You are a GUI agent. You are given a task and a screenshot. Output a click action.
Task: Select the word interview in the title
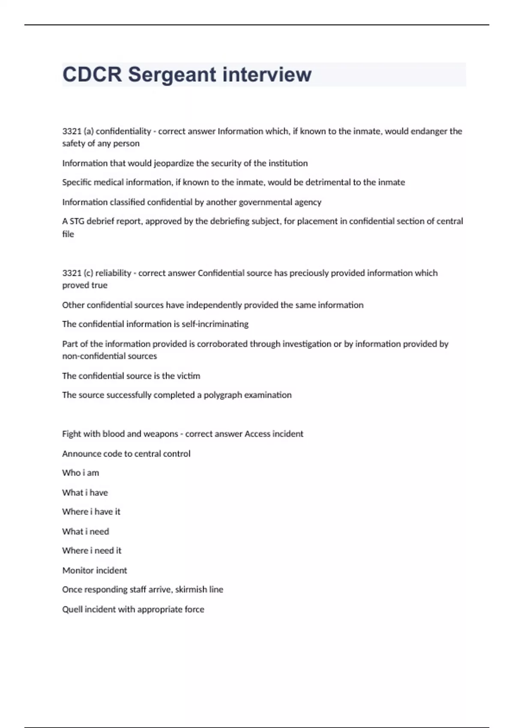(x=267, y=75)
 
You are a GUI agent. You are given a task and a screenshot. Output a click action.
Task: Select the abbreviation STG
(x=77, y=221)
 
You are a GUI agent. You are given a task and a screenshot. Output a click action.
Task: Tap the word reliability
(x=113, y=273)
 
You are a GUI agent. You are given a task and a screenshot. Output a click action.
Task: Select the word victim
(x=188, y=376)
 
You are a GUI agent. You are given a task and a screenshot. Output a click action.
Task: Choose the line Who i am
(x=81, y=473)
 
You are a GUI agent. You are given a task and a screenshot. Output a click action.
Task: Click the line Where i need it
(x=92, y=551)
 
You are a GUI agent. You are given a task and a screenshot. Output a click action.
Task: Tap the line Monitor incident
(x=95, y=570)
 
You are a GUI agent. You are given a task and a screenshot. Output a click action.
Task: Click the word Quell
(x=72, y=609)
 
